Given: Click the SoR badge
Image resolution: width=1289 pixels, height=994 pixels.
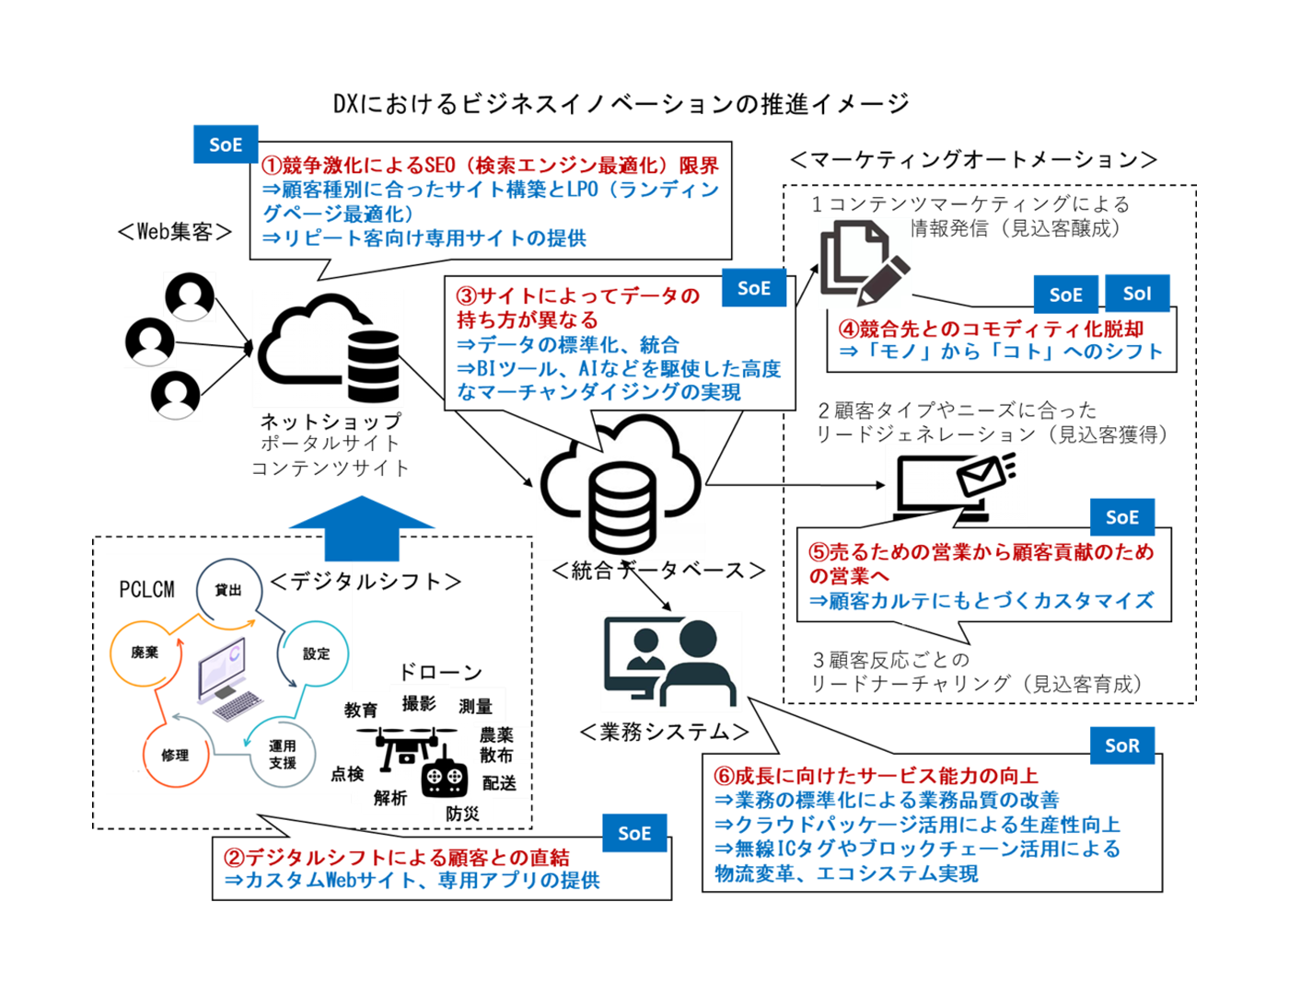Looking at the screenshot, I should tap(1121, 745).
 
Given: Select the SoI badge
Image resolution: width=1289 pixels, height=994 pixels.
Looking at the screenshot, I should tap(1137, 294).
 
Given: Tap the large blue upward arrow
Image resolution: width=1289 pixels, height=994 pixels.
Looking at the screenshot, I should tap(362, 528).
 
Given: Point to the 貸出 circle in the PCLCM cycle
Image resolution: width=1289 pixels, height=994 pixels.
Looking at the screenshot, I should tap(228, 590).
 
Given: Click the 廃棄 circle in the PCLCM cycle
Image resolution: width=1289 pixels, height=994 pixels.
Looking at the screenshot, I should tap(144, 653).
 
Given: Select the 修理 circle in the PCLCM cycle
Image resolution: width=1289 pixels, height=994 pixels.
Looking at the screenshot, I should tap(174, 755).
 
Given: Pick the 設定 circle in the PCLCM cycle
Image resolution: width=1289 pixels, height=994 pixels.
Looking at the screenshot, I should tap(315, 653).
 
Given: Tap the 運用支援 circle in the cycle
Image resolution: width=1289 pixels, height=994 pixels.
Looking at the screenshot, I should tap(283, 755).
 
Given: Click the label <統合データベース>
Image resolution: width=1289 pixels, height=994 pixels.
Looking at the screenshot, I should tap(658, 571).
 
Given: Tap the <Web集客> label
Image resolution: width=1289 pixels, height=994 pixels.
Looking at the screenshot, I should tap(175, 232).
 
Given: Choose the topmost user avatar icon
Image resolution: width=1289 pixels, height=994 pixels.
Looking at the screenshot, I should tap(190, 296).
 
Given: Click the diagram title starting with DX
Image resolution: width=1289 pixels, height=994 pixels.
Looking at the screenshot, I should tap(621, 104).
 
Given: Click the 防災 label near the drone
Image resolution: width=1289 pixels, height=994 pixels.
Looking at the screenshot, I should tap(462, 814).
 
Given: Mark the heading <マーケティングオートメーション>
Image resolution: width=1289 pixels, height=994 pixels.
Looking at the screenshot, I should tap(973, 160).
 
